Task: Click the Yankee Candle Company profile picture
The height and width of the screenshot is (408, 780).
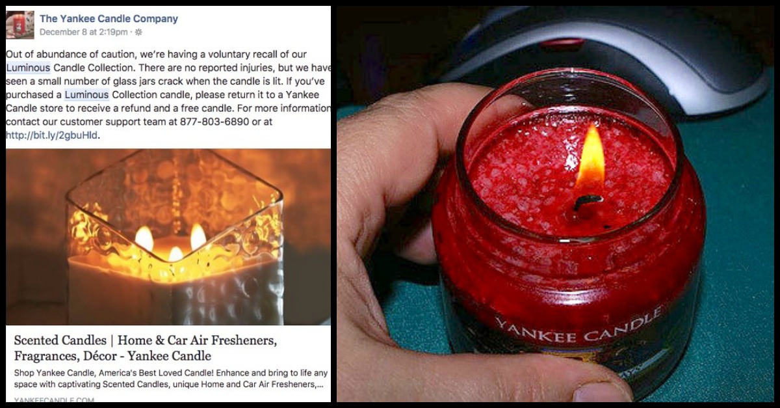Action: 19,25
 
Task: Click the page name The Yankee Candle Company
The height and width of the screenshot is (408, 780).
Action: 109,19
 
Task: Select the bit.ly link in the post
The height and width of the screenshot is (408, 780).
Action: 52,135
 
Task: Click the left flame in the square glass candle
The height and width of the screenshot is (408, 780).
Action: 144,239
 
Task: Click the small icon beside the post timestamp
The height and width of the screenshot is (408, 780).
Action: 138,32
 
